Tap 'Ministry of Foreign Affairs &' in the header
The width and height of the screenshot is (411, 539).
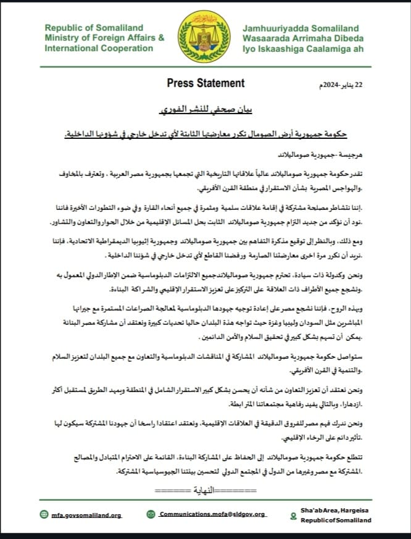tap(104, 38)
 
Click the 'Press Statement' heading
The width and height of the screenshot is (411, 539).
tap(205, 83)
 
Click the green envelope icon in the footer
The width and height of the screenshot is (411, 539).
tap(151, 514)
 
